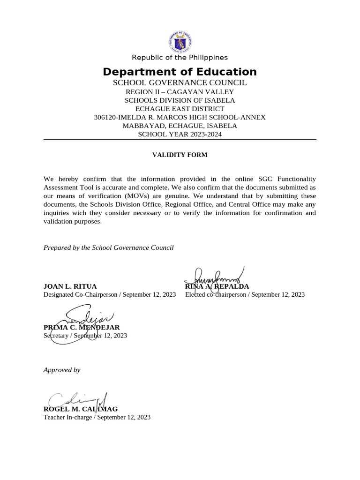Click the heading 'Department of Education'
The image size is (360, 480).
point(180,72)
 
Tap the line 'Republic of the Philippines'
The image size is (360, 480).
point(180,58)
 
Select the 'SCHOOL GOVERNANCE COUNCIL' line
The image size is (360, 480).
point(180,83)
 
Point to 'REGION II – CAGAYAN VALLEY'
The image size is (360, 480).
point(180,92)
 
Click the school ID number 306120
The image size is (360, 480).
point(105,117)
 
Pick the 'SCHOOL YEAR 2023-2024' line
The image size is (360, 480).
point(180,134)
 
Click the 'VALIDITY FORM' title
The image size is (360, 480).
point(180,155)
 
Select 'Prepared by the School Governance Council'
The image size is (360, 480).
point(108,247)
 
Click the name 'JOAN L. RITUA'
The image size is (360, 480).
point(70,286)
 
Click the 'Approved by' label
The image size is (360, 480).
point(62,370)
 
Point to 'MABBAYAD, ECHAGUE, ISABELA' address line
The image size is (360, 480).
point(180,126)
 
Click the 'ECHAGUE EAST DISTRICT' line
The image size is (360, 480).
point(180,109)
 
